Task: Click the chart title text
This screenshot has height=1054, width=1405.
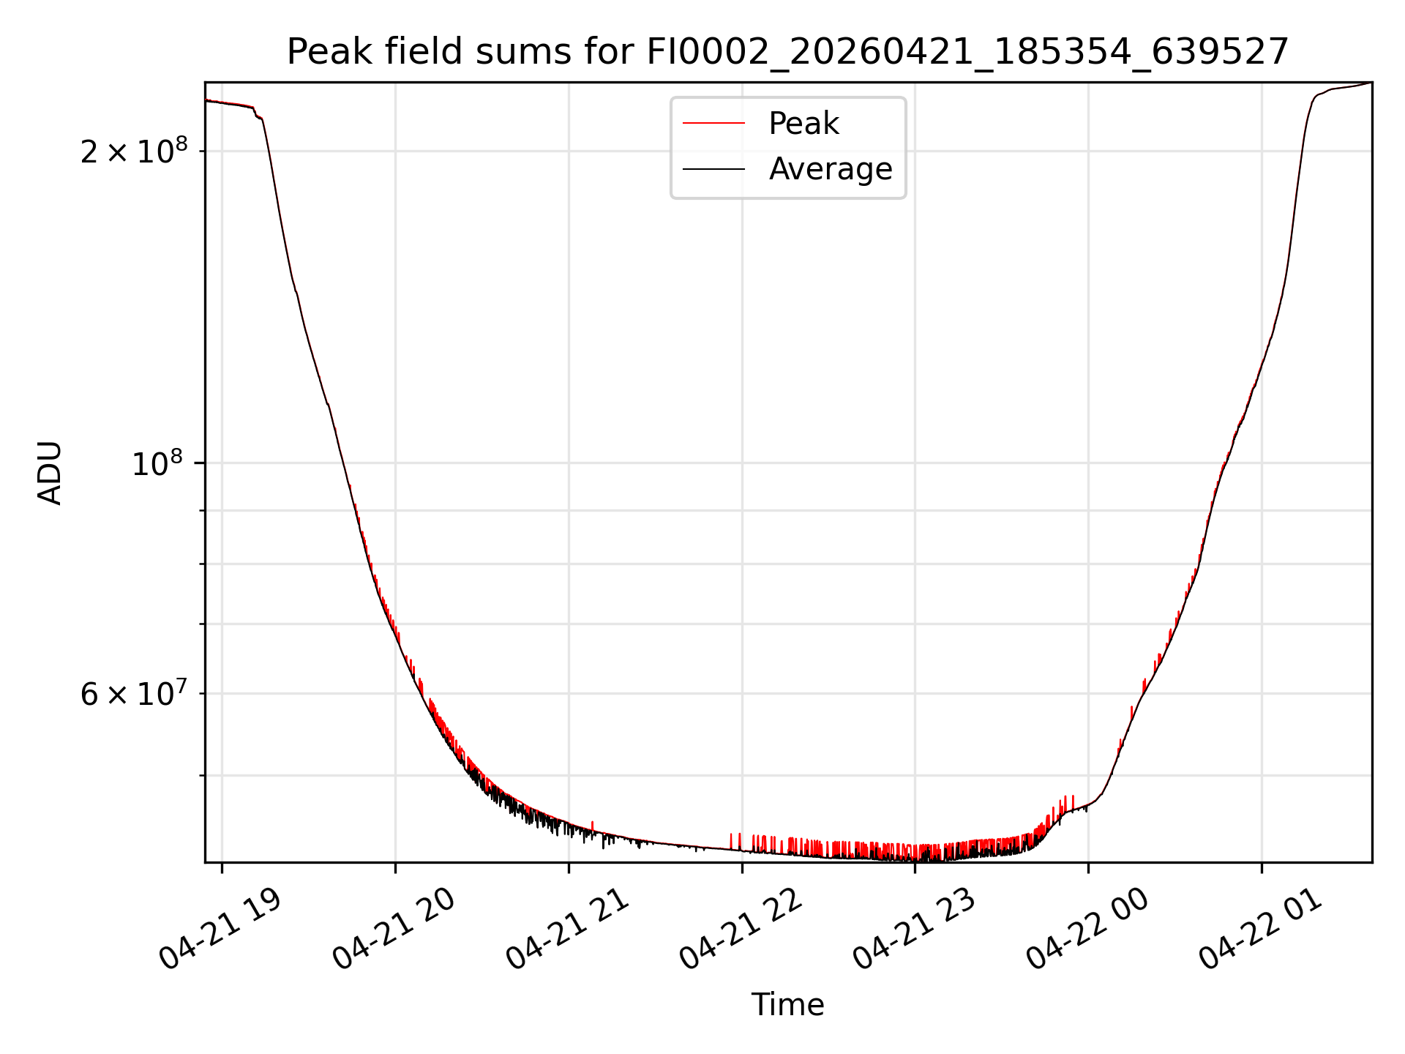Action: click(x=787, y=52)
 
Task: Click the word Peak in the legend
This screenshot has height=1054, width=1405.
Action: click(x=803, y=124)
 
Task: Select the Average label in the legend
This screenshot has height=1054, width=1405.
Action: click(x=831, y=169)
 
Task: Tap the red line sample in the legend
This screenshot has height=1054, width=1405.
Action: click(x=713, y=124)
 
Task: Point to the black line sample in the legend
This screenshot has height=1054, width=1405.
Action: click(x=713, y=169)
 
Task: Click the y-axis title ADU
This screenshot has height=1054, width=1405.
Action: click(x=50, y=473)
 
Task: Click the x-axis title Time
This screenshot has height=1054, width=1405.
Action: click(x=787, y=1005)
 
